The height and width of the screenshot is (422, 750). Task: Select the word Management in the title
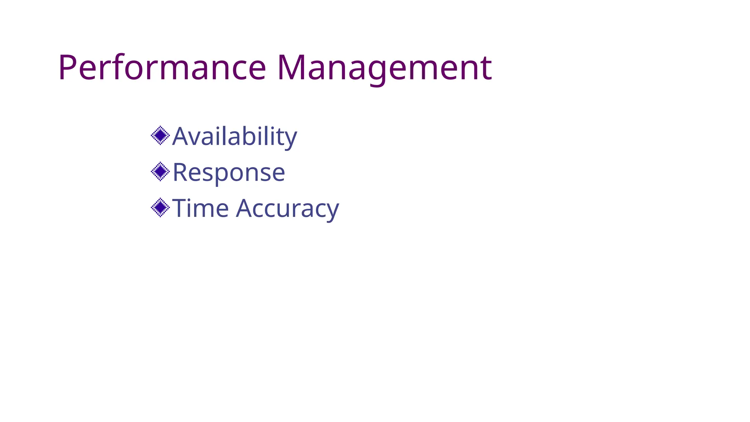click(x=384, y=67)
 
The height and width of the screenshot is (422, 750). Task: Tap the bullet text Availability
click(x=234, y=136)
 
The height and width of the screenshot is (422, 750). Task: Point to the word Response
click(x=229, y=172)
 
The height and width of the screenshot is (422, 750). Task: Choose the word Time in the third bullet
click(x=200, y=208)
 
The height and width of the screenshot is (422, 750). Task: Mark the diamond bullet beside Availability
click(x=160, y=136)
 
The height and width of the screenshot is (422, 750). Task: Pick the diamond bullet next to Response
click(x=160, y=171)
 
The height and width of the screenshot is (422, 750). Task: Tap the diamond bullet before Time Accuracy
click(x=160, y=208)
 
